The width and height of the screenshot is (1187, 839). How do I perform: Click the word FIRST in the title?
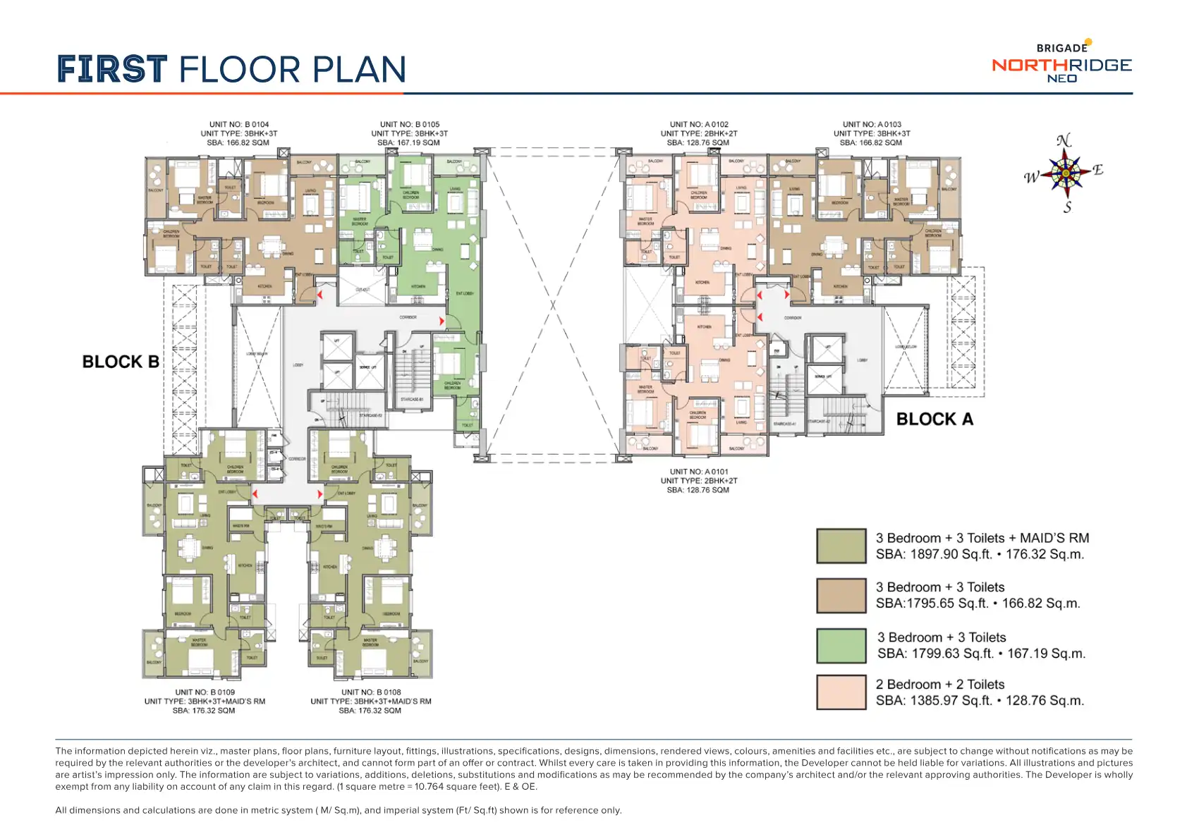[112, 70]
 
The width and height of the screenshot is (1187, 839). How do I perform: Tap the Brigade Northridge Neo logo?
[1061, 63]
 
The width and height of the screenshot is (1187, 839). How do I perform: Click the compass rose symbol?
[1065, 173]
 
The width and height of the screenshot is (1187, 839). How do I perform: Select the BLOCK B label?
[121, 362]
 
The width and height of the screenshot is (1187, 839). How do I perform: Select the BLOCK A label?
[935, 420]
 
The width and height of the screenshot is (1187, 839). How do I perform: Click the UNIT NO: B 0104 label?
[238, 124]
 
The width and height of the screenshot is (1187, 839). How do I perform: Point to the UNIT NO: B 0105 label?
[409, 124]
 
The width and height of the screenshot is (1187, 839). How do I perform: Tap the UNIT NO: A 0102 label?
[699, 124]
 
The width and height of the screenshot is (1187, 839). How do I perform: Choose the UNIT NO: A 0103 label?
[872, 124]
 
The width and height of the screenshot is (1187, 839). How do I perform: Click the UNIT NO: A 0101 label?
[699, 472]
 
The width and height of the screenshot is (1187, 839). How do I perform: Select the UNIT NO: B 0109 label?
[205, 692]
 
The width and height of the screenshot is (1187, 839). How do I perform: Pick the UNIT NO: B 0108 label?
[371, 692]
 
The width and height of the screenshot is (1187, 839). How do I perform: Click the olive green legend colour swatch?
[841, 546]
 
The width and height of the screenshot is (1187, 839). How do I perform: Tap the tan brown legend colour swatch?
[841, 596]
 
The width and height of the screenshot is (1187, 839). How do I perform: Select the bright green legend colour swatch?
[841, 645]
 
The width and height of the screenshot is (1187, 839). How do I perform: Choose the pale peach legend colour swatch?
[841, 692]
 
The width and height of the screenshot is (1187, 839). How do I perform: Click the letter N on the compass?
[1064, 140]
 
